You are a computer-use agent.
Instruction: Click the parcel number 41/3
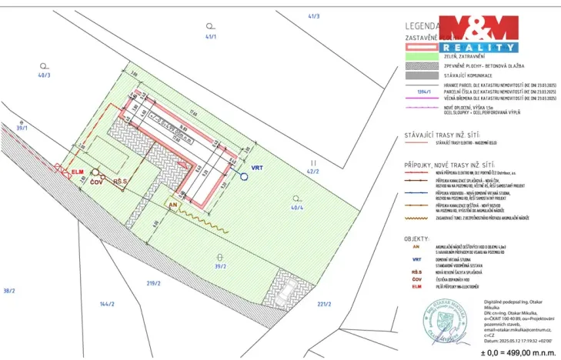[x=313, y=15]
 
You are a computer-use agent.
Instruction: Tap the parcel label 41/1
[x=211, y=37]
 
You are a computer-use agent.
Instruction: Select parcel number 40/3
[x=44, y=75]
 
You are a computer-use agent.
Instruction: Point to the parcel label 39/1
[x=22, y=128]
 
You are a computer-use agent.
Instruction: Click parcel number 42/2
[x=313, y=172]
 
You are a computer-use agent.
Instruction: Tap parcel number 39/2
[x=220, y=266]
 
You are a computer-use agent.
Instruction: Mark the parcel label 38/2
[x=9, y=290]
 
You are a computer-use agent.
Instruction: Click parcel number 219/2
[x=152, y=283]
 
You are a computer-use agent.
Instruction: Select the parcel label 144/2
[x=106, y=305]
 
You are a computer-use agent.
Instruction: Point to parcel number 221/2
[x=323, y=305]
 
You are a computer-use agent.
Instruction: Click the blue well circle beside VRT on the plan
[x=242, y=176]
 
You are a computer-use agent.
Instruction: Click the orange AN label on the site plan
[x=174, y=206]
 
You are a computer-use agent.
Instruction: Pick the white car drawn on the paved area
[x=286, y=293]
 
